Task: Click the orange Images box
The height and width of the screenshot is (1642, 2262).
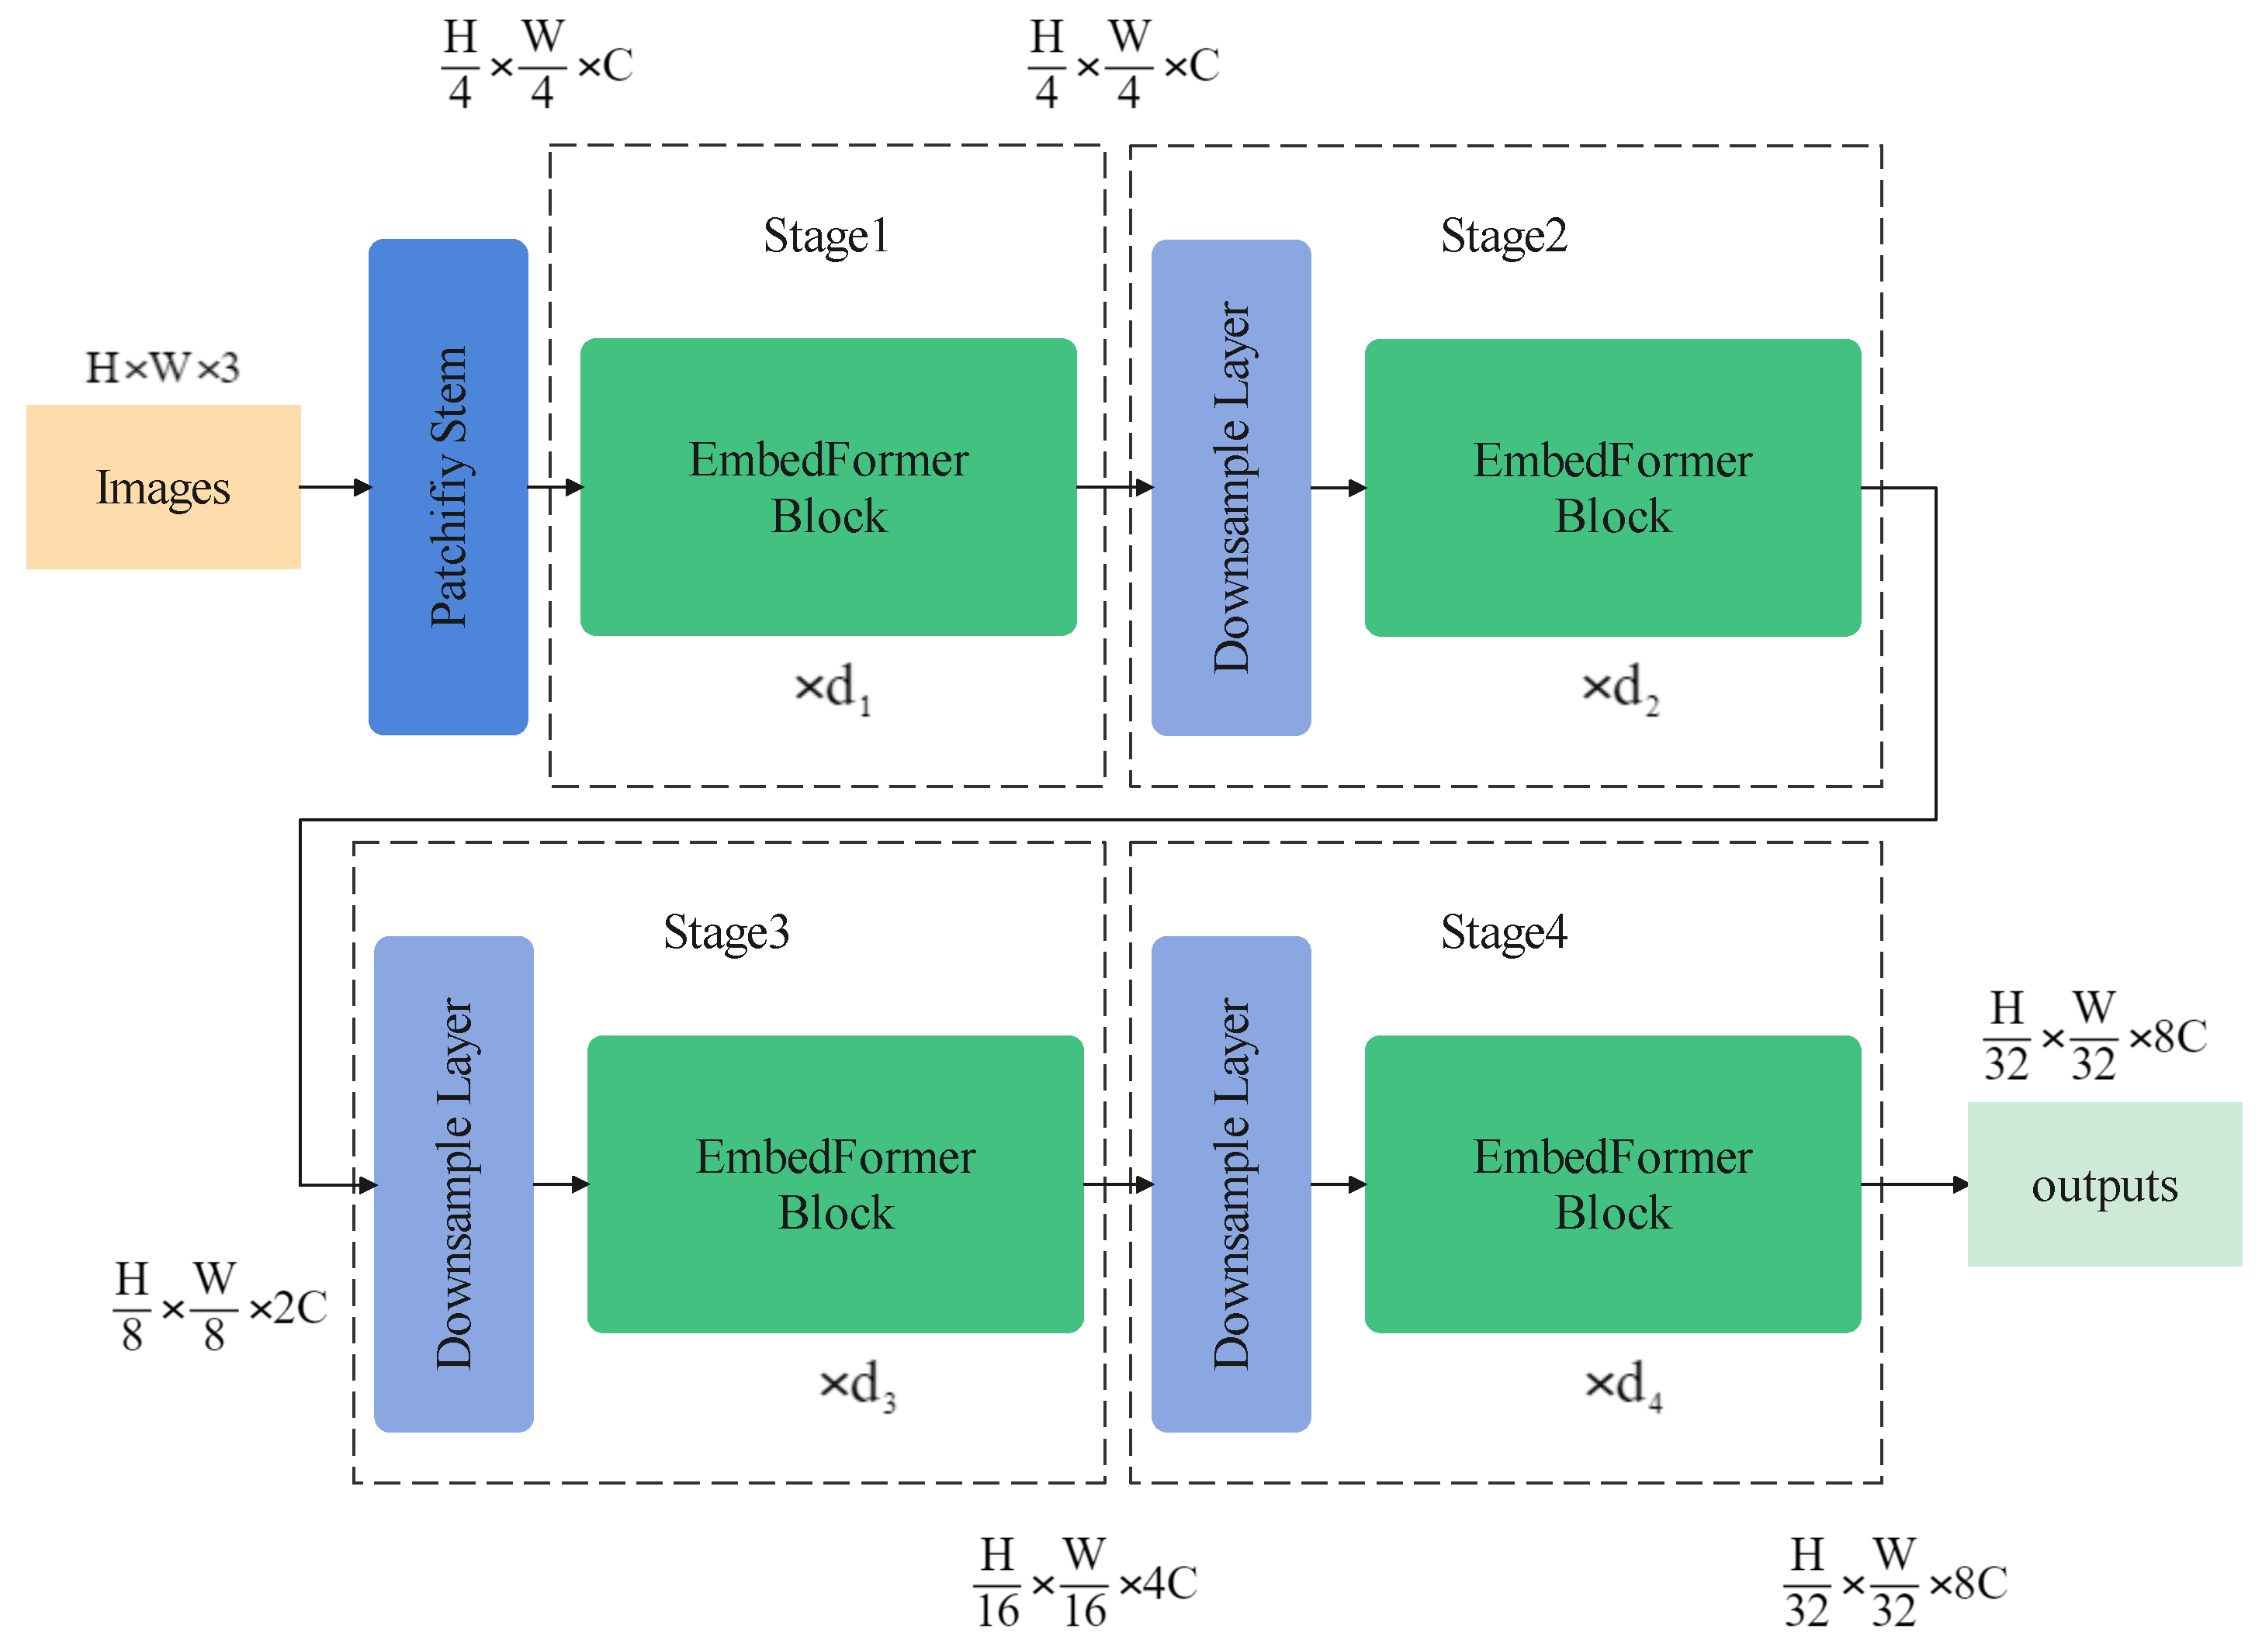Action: [162, 486]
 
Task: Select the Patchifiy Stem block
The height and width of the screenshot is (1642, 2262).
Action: [448, 486]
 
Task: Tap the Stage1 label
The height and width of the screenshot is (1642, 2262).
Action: [826, 237]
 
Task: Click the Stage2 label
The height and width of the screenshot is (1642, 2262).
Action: [1503, 237]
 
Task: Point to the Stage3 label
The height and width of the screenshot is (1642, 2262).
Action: [726, 932]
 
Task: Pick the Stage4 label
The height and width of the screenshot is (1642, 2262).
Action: [1503, 932]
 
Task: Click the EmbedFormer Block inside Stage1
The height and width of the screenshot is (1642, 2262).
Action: [828, 486]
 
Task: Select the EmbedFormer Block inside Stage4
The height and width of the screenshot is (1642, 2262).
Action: [1612, 1184]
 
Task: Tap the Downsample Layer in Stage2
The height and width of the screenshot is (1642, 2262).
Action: [1231, 486]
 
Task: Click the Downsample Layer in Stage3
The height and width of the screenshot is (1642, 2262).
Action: [453, 1184]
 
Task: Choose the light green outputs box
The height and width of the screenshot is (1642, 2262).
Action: [2104, 1184]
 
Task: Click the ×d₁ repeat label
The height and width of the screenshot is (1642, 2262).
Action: [833, 688]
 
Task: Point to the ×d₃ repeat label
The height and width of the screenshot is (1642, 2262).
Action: [857, 1384]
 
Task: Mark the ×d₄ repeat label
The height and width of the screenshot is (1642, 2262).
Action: [1623, 1384]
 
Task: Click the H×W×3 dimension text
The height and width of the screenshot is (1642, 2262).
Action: [162, 368]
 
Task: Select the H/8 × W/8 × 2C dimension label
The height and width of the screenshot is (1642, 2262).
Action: [220, 1306]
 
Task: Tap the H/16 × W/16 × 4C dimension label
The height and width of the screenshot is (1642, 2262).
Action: [1085, 1582]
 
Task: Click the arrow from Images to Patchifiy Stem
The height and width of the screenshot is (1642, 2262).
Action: [335, 486]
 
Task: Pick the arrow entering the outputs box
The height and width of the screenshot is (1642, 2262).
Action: [1915, 1184]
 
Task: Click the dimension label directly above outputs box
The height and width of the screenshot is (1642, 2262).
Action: [2094, 1037]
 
